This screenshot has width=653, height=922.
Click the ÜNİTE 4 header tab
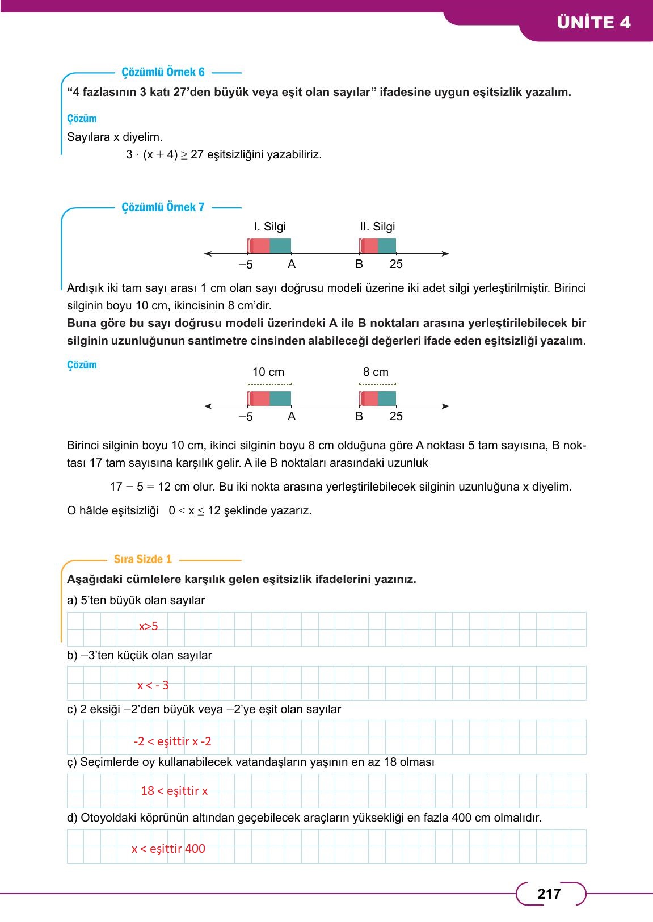point(593,23)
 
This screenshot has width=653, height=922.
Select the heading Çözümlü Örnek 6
point(163,72)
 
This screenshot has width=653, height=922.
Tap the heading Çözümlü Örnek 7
point(163,207)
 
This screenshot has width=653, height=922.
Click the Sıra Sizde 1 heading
point(143,559)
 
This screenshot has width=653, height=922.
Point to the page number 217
point(549,894)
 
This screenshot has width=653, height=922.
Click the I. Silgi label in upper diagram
point(269,227)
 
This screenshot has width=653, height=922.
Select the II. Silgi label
point(377,227)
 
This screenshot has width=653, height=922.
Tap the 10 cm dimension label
point(268,372)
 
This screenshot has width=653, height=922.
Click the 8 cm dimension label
point(376,372)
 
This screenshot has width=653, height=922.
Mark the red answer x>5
point(149,626)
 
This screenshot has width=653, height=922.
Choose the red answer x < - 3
point(153,685)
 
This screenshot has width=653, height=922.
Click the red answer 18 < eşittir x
point(174,791)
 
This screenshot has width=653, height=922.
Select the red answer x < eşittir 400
point(168,849)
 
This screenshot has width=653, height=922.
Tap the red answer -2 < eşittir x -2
point(172,741)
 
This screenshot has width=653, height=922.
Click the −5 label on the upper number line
point(246,265)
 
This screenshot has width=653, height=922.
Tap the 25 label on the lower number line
point(396,416)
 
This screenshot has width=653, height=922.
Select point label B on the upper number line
point(359,264)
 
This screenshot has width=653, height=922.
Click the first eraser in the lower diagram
point(269,399)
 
